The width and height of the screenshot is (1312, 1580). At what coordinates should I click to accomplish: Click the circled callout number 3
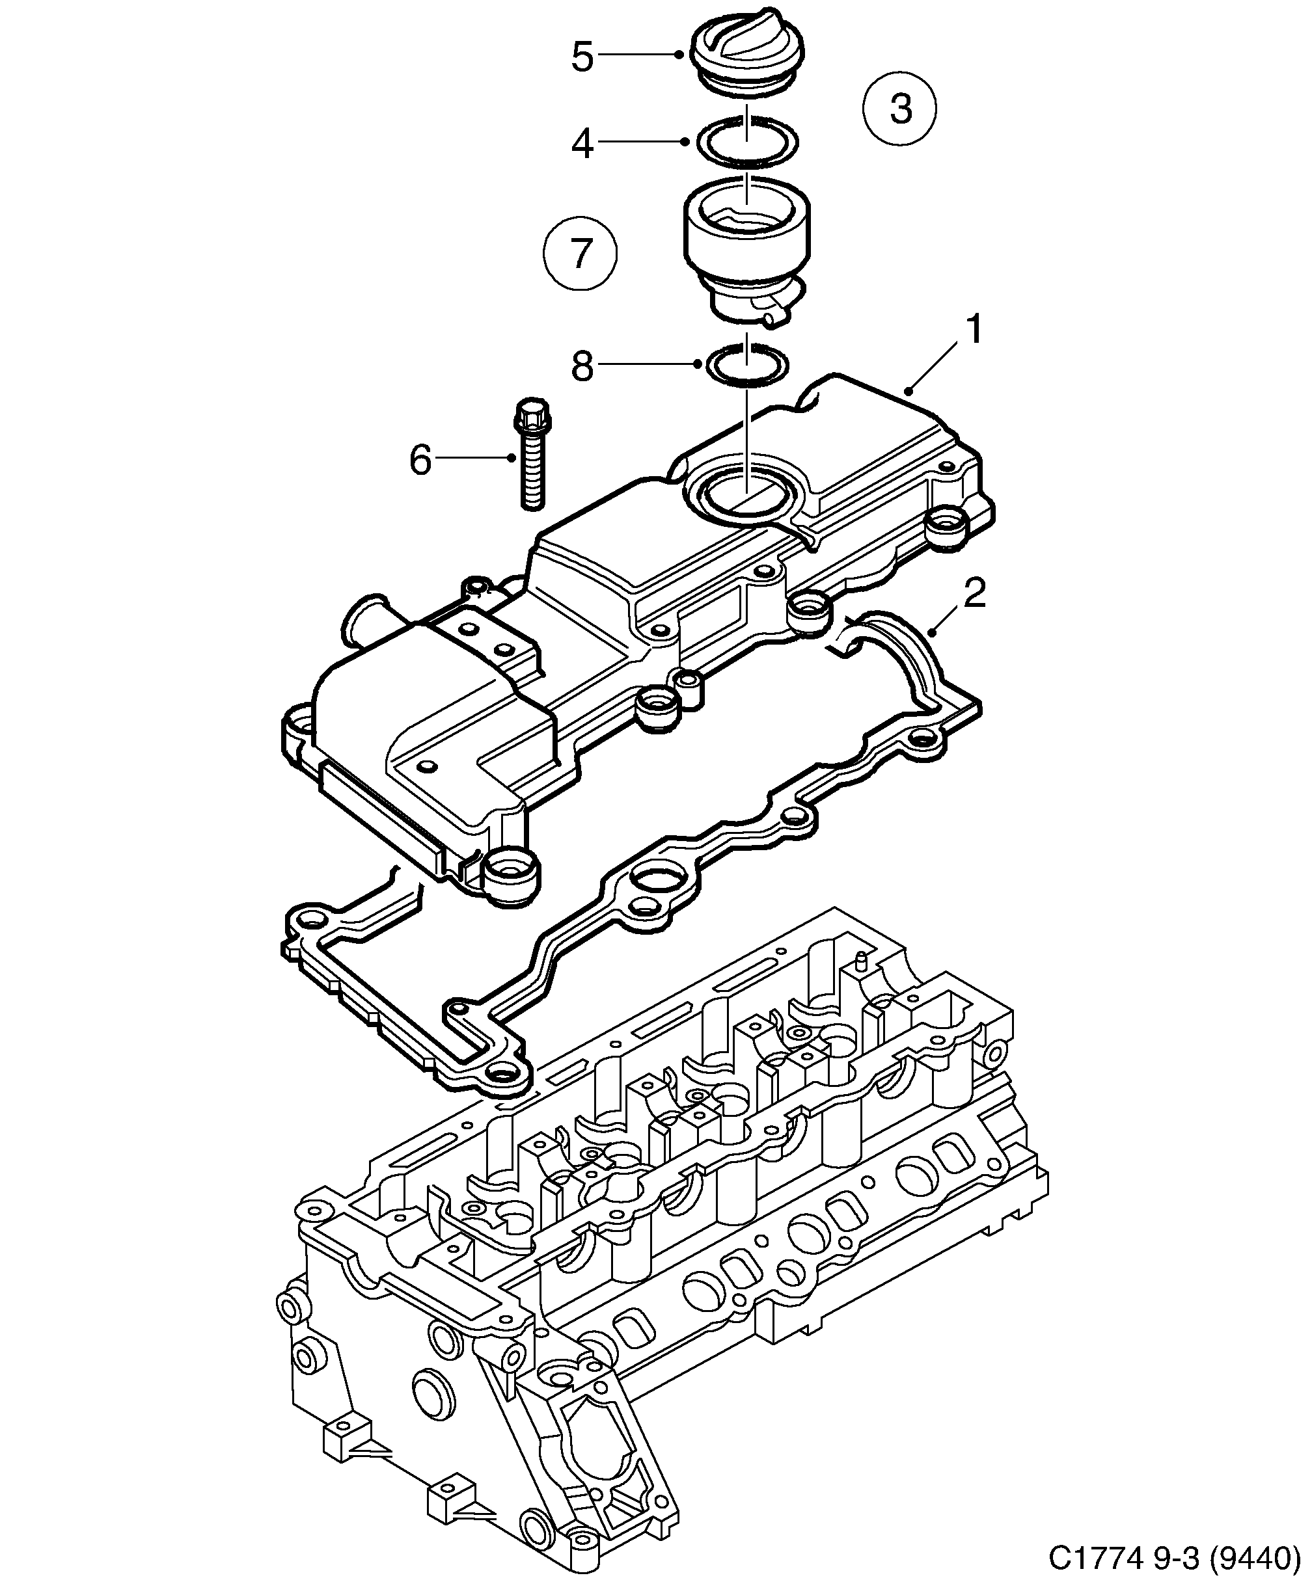tap(899, 109)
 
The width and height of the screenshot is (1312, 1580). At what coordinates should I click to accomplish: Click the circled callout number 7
tap(580, 254)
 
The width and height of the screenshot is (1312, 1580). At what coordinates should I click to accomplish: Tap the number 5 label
tap(582, 57)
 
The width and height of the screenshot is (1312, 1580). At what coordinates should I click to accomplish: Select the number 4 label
tap(582, 143)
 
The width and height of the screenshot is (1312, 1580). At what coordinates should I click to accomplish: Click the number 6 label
tap(420, 459)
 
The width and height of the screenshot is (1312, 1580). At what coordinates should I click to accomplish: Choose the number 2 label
tap(974, 594)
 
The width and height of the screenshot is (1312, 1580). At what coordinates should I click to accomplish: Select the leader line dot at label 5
tap(679, 54)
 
